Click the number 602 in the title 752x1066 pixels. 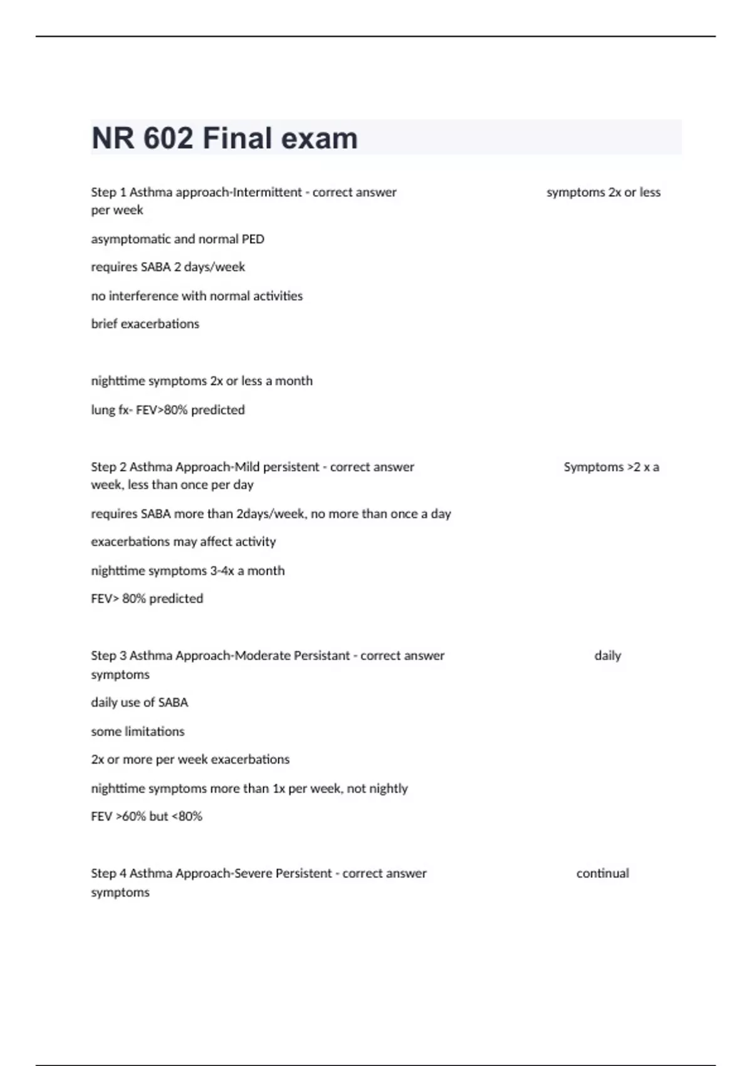(x=169, y=138)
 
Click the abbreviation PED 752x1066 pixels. (x=253, y=239)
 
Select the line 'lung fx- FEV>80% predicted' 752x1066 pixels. (x=168, y=409)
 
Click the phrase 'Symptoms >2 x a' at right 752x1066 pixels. (x=611, y=467)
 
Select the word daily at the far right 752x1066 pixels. (x=607, y=655)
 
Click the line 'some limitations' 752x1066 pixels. (x=138, y=731)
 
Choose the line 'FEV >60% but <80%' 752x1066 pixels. (x=147, y=816)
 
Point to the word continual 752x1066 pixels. (x=602, y=873)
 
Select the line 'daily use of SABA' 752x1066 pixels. (x=139, y=702)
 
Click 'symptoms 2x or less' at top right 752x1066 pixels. (x=603, y=192)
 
